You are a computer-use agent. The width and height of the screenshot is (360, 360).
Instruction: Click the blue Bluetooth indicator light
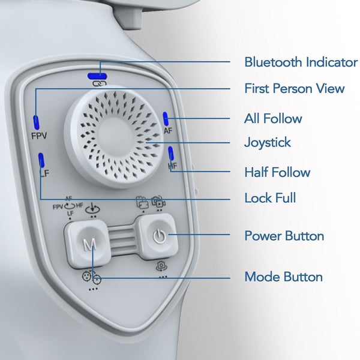point(97,76)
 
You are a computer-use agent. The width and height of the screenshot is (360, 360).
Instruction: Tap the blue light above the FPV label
point(36,122)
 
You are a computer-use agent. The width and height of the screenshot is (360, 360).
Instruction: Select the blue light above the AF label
point(166,119)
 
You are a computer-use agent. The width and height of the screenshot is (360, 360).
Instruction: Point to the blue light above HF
point(171,153)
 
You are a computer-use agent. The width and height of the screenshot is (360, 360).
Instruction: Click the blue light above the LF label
point(41,160)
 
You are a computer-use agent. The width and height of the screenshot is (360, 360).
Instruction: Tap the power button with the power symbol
point(159,236)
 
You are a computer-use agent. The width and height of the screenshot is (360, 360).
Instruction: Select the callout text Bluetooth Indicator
point(301,62)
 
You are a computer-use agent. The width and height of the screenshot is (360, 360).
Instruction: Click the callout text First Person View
point(295,88)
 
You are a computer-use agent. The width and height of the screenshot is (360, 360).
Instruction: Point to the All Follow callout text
point(273,118)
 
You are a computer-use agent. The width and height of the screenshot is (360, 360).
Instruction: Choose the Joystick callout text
point(268,143)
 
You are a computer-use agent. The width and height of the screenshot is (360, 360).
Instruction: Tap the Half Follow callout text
point(277,172)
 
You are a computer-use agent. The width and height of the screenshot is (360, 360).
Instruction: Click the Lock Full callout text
point(270,198)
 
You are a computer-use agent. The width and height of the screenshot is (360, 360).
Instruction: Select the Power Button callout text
point(284,236)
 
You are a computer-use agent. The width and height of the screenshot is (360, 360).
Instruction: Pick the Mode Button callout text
point(284,277)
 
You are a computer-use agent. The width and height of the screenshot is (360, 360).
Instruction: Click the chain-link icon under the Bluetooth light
point(100,83)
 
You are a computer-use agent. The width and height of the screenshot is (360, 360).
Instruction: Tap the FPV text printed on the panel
point(39,136)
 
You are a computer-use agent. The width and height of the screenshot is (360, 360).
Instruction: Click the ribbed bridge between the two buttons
point(122,239)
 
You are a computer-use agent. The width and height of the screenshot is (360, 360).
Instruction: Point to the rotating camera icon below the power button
point(161,266)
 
